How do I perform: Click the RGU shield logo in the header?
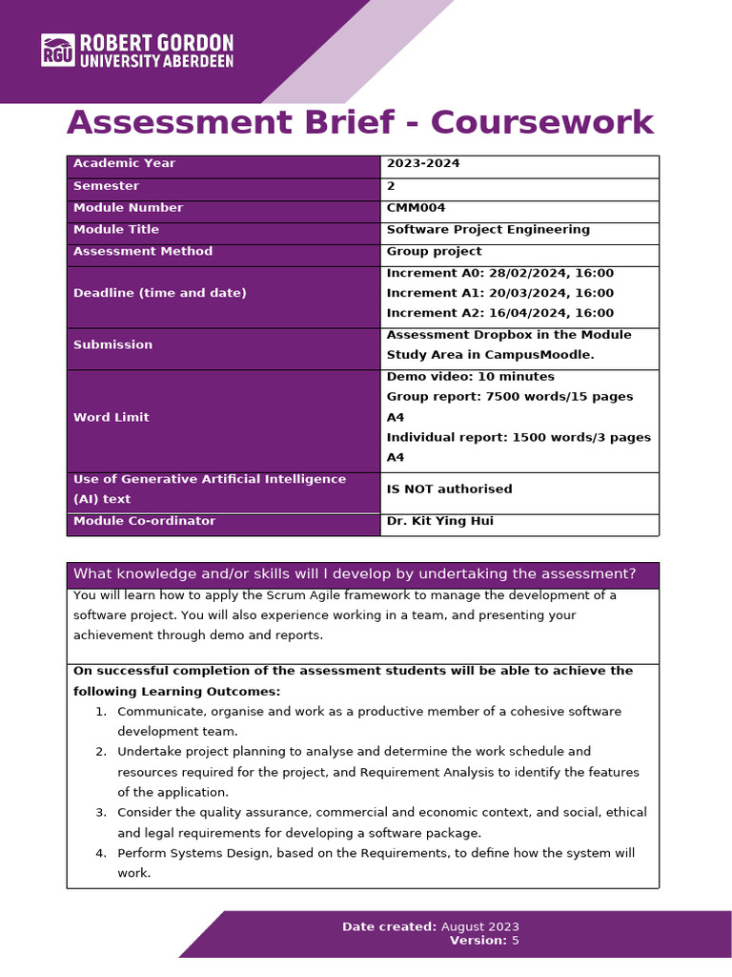point(57,50)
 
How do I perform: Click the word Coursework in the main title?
point(542,123)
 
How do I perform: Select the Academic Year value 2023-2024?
point(423,163)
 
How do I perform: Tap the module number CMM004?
point(416,207)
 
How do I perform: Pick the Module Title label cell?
point(116,229)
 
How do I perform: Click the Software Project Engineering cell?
point(488,229)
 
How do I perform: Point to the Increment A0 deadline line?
point(499,273)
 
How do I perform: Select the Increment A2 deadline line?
point(499,313)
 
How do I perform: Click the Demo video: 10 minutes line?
point(470,376)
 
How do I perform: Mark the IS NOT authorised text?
point(449,488)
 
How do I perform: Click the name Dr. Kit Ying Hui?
point(439,521)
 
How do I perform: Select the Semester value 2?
point(391,186)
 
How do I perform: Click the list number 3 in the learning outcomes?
point(101,812)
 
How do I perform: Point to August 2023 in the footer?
point(480,926)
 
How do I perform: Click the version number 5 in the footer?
point(516,940)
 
